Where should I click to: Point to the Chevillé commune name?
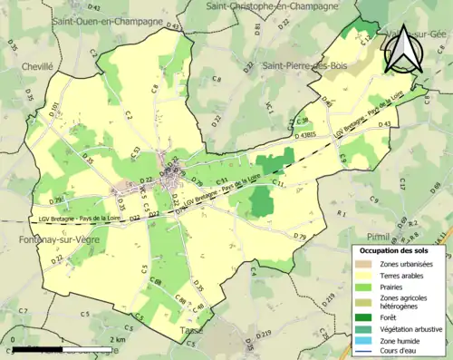click(x=39, y=66)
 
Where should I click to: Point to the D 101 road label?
click(x=53, y=111)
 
